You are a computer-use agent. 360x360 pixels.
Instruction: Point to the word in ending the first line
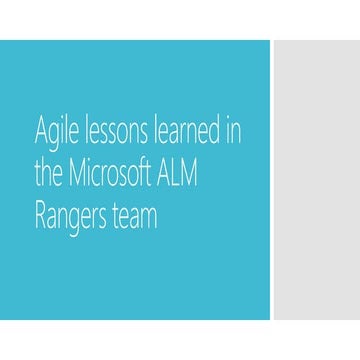232,132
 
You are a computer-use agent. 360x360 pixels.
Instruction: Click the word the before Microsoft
49,174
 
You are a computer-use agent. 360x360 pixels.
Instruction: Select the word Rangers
75,217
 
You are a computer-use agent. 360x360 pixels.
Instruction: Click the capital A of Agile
41,132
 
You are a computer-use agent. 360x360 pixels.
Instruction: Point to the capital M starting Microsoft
78,174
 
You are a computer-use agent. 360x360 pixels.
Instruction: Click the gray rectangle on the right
316,180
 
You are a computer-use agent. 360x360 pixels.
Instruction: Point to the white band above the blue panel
180,20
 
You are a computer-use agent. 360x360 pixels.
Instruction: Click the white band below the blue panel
180,340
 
